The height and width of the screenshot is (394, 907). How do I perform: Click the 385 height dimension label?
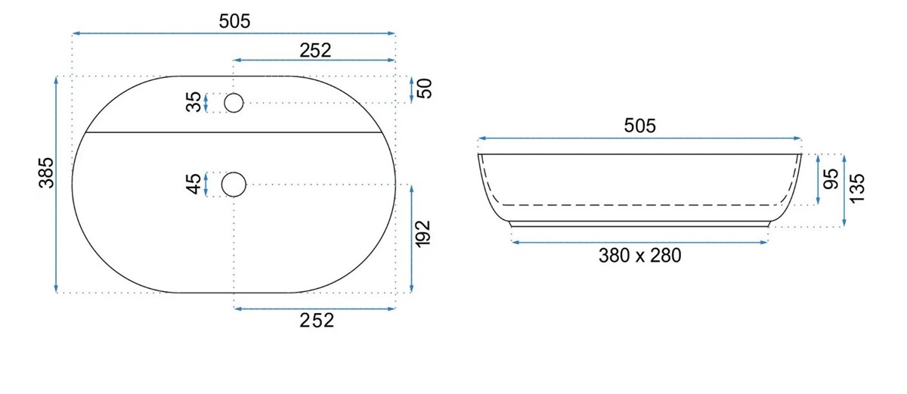46,173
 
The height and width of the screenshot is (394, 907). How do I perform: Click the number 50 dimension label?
425,88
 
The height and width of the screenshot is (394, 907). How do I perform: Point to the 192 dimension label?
423,234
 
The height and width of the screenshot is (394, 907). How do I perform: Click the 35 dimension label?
193,101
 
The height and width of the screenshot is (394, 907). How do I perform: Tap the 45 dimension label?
193,184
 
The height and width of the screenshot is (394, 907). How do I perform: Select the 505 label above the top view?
234,21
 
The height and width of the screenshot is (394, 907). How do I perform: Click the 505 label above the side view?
639,126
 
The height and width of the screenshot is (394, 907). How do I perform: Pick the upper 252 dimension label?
315,51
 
